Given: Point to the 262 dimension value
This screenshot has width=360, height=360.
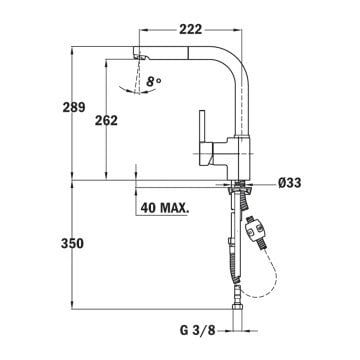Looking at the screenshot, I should point(133,121).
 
